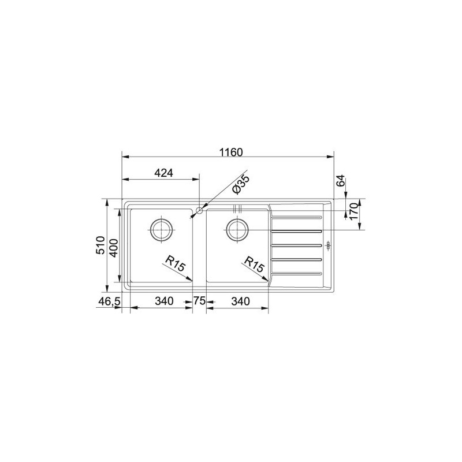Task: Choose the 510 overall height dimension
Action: click(x=99, y=246)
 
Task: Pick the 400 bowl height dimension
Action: click(x=114, y=247)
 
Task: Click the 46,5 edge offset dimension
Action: click(x=109, y=301)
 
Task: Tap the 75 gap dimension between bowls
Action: click(x=199, y=301)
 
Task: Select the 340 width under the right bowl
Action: click(x=240, y=301)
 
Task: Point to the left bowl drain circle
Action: click(x=161, y=229)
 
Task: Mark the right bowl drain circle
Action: click(x=237, y=229)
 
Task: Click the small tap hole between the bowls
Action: click(x=199, y=210)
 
